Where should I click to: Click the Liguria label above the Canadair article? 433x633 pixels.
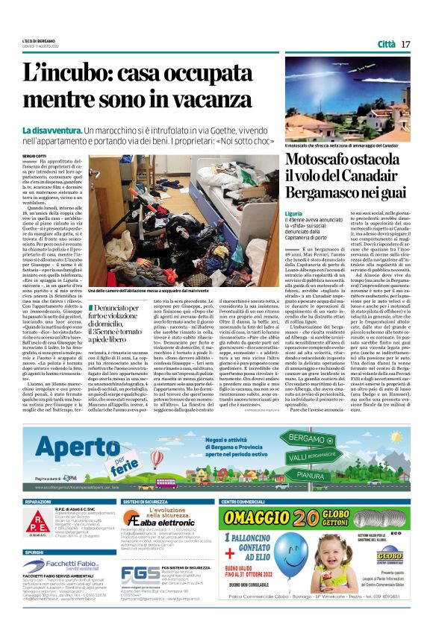pos(293,212)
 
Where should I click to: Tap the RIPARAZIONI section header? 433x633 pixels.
pos(38,502)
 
